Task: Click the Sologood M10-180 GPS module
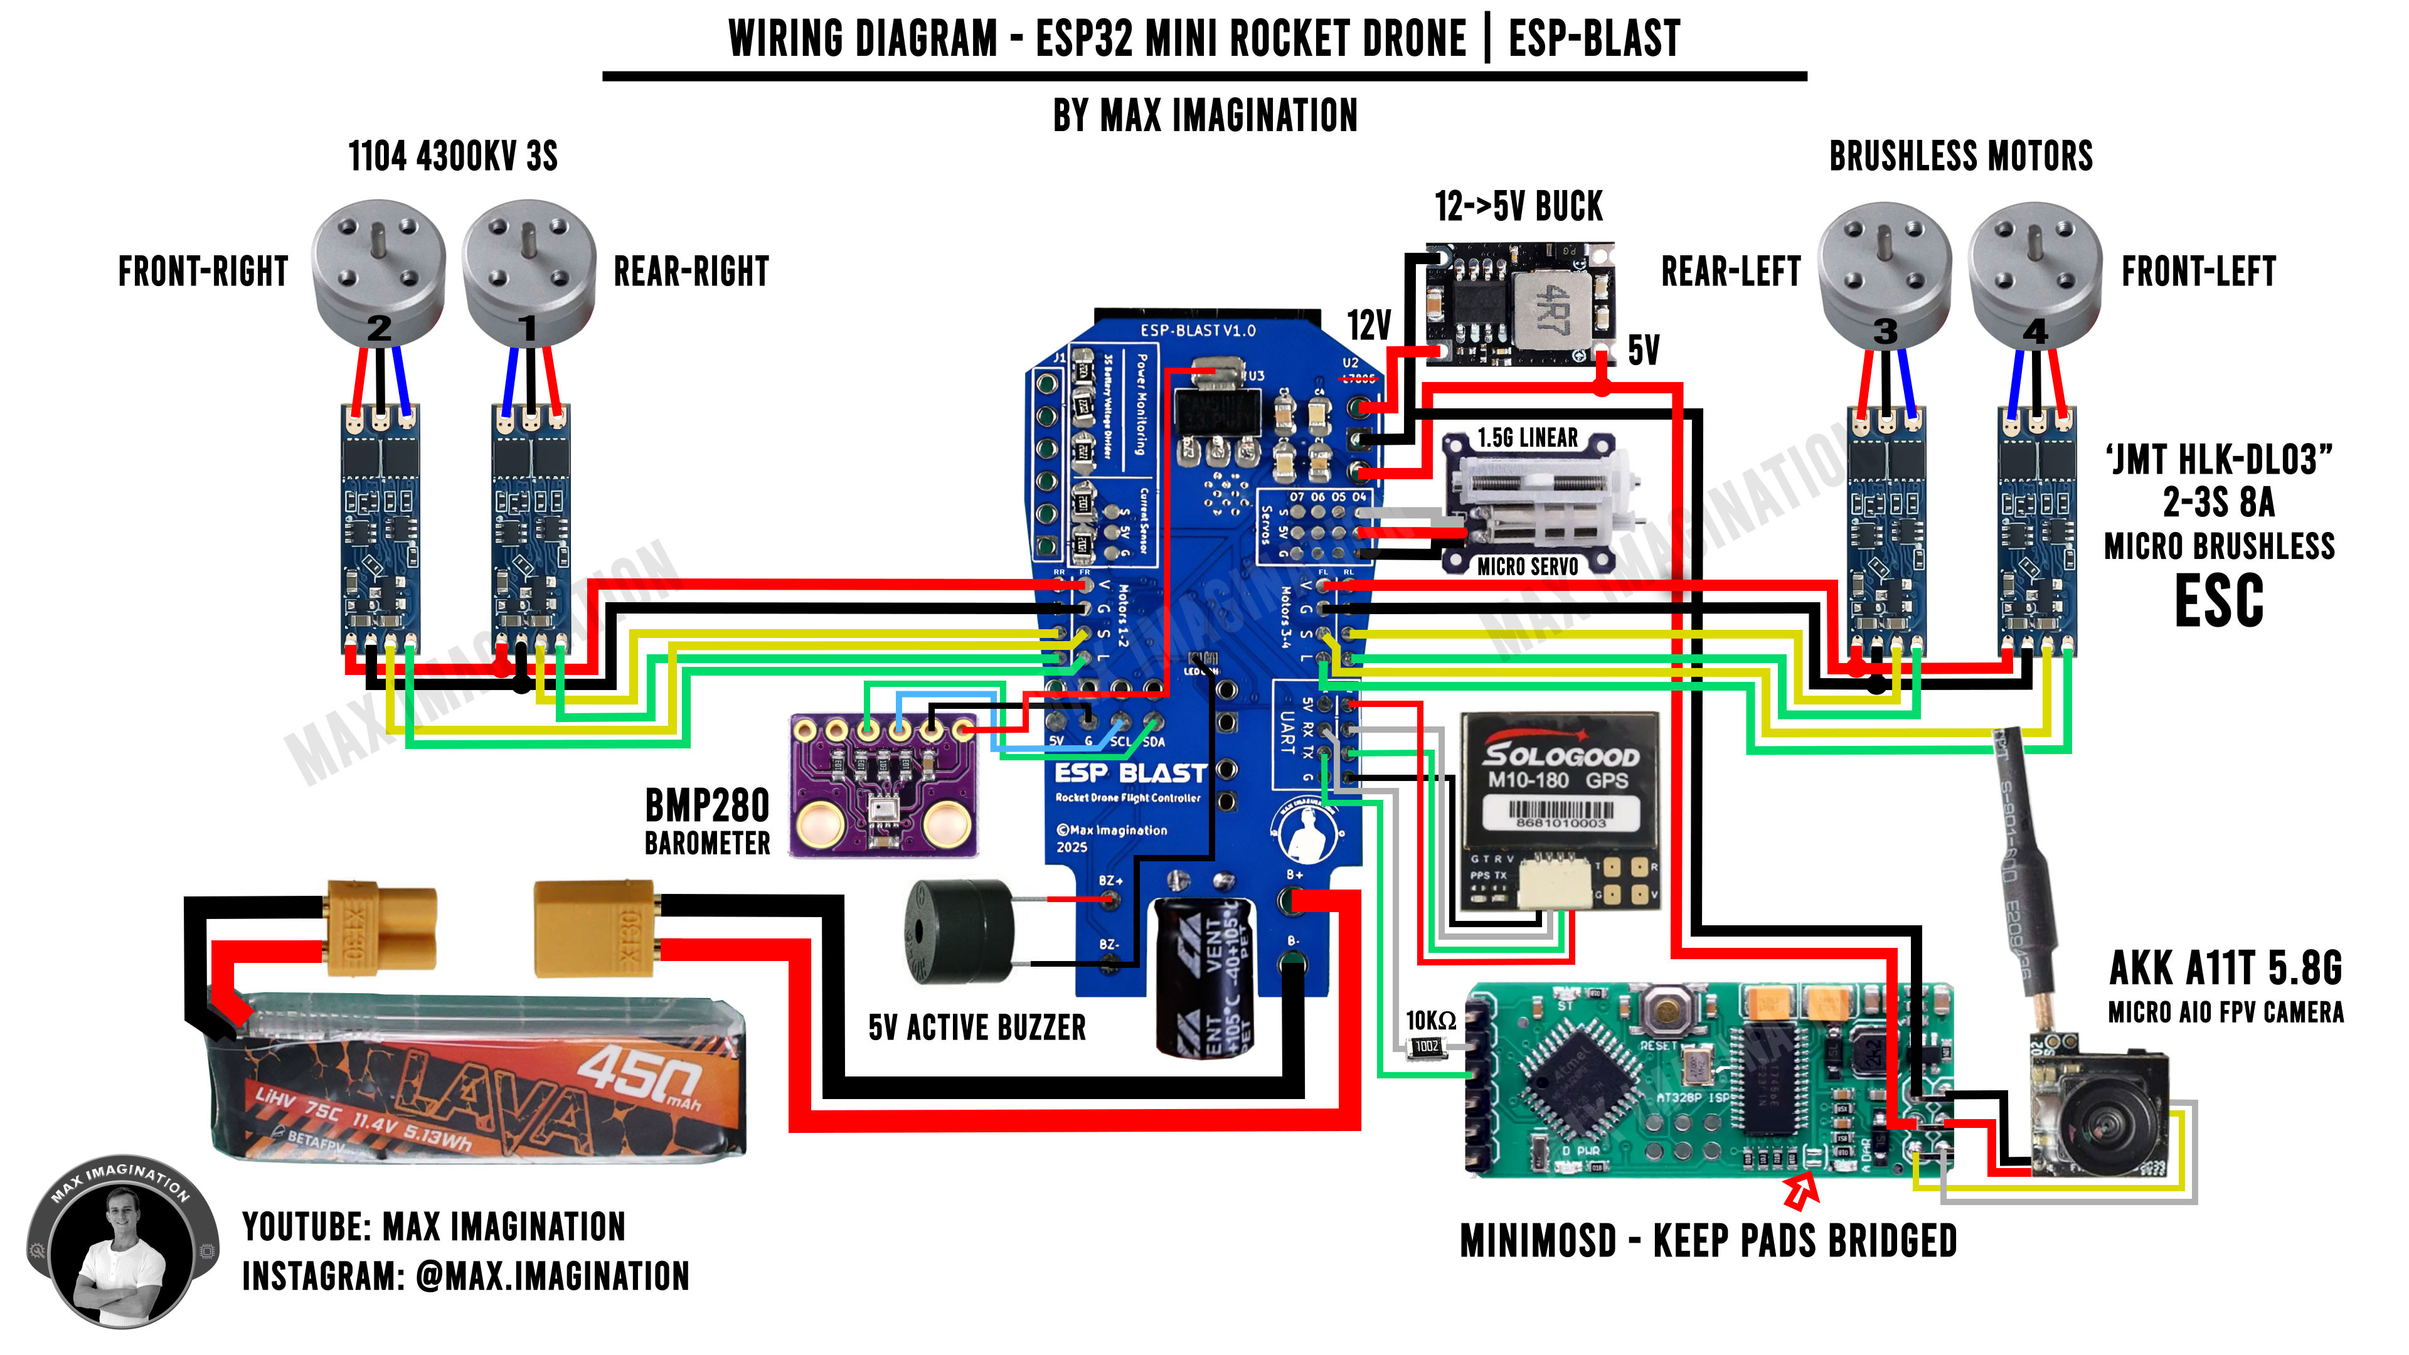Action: (1559, 809)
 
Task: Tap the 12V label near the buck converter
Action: (1369, 326)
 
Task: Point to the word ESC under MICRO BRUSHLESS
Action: (2218, 602)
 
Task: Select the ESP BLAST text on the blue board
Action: (1130, 773)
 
